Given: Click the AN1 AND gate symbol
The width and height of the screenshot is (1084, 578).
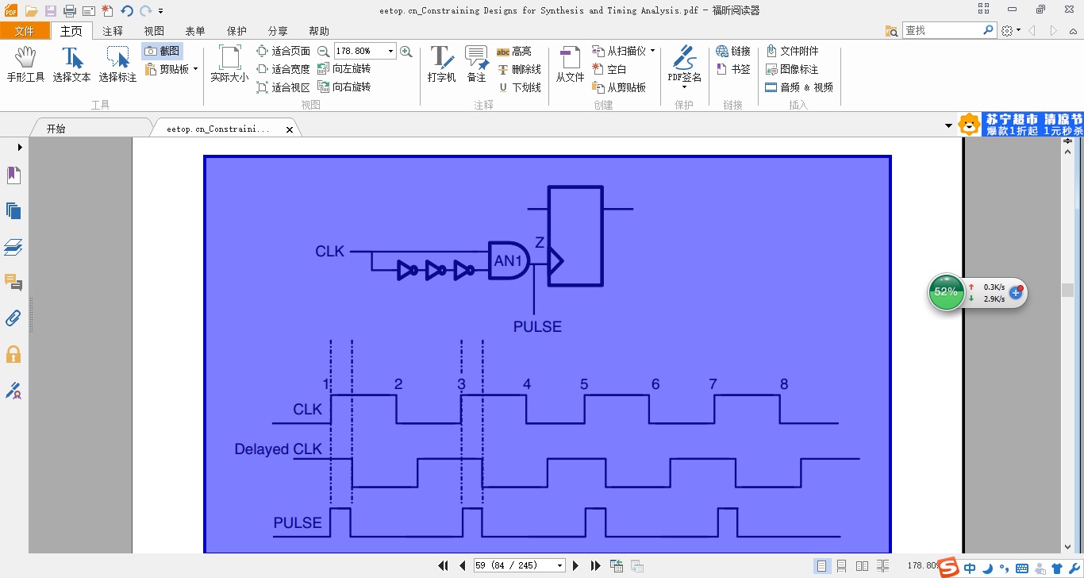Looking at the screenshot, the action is [x=509, y=260].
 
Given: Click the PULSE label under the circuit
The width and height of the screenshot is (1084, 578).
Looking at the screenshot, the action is [x=537, y=327].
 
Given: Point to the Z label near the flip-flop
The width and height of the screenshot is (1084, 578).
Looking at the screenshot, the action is [x=540, y=242].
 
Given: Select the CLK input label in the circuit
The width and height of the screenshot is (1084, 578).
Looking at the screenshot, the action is [x=329, y=251].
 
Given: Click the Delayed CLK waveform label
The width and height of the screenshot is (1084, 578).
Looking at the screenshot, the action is [x=278, y=449].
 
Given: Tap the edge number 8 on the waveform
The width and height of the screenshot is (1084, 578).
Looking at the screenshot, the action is [x=784, y=384].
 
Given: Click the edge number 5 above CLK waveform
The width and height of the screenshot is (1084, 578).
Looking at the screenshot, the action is [x=584, y=384].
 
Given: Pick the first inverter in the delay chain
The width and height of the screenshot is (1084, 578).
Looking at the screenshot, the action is [x=407, y=270].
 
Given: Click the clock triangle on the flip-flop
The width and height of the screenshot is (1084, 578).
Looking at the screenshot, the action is [x=556, y=261].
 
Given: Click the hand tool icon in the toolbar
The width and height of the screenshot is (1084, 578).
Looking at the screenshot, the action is [x=25, y=57].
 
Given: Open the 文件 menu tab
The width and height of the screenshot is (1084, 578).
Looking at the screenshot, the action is [x=25, y=31].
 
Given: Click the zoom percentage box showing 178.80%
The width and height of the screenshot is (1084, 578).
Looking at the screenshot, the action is [x=364, y=51].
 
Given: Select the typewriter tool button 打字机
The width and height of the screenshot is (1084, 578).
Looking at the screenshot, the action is [x=441, y=64].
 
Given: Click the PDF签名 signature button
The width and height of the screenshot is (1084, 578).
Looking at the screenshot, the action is [x=684, y=64].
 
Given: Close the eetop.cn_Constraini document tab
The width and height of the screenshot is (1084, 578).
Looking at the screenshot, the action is [x=290, y=129].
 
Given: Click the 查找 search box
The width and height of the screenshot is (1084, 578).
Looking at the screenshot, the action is [x=944, y=30].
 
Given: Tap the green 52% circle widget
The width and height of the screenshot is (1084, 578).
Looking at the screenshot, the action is [x=946, y=292].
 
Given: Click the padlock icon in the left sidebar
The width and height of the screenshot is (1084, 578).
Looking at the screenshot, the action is [x=13, y=354].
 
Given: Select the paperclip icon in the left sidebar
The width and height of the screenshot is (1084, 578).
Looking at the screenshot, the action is [x=13, y=318].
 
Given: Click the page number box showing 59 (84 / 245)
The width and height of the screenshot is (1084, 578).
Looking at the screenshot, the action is [x=519, y=565].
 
